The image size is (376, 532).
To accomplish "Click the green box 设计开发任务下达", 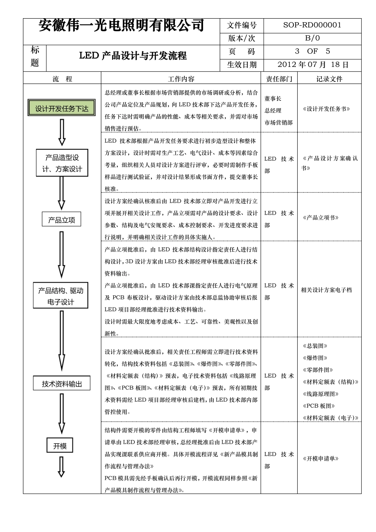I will (61, 108).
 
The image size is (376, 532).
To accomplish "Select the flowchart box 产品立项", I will (61, 219).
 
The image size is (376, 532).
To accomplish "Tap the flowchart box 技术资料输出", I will (62, 384).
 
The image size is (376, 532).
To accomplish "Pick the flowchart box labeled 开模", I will (60, 446).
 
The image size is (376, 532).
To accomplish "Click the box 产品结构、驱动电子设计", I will (61, 296).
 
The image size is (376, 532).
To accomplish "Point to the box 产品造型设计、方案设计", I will (62, 163).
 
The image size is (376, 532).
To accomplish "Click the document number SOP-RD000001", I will (312, 25).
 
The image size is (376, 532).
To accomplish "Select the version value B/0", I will (312, 38).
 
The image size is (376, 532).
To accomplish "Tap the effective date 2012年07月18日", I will (313, 65).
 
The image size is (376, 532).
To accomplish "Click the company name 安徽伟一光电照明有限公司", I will (122, 26).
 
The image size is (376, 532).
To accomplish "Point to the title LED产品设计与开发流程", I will (133, 56).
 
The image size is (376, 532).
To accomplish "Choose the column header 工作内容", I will (181, 79).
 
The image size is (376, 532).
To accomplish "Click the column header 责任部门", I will (279, 79).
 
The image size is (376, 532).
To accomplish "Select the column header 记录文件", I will (329, 79).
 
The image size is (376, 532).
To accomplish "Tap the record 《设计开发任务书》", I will (326, 109).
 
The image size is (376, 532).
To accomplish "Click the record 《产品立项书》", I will (321, 218).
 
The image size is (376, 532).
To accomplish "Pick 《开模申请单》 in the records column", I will (321, 459).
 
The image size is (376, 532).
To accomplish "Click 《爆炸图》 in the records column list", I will (315, 358).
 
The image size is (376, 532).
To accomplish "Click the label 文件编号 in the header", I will (241, 25).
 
